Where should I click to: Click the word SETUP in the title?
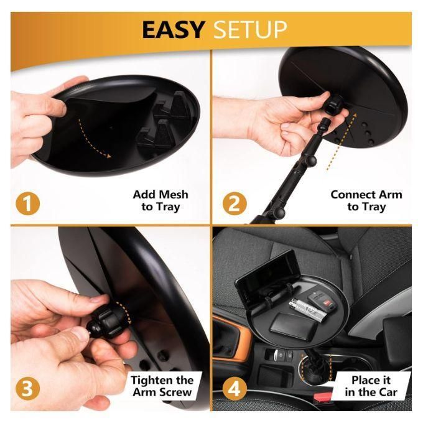point(251,29)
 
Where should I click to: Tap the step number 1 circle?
point(26,203)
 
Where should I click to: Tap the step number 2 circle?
point(233,203)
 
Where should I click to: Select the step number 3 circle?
point(26,389)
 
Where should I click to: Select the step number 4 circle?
point(233,389)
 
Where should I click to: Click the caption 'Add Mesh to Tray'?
point(160,200)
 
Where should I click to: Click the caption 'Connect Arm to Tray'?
point(366,200)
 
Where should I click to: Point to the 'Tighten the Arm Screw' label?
point(162,386)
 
